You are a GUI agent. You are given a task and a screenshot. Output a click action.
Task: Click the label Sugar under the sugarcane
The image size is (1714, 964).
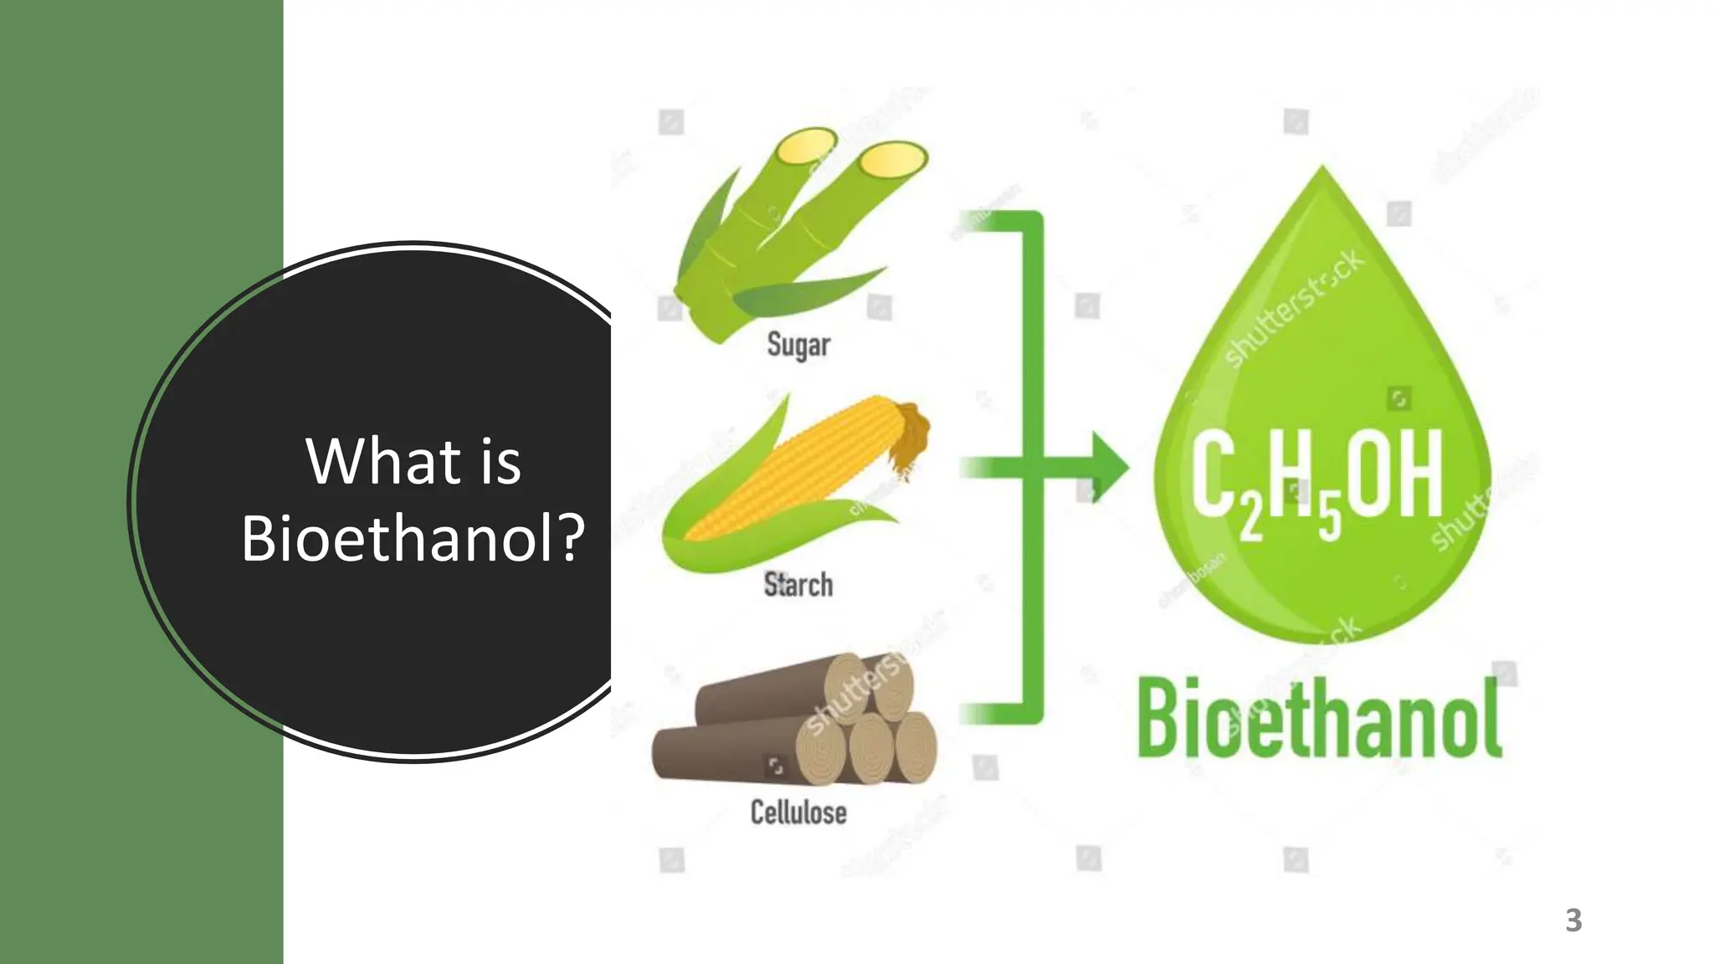(798, 345)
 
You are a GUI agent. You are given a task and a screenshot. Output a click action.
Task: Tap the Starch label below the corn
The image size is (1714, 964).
(798, 584)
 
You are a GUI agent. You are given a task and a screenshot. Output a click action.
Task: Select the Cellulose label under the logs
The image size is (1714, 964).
(798, 812)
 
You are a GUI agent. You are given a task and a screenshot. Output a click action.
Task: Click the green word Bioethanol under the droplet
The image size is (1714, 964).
(1320, 718)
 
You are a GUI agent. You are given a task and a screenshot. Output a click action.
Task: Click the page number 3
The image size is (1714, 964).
(1573, 920)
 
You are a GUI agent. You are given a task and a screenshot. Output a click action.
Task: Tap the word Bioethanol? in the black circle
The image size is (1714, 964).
(413, 537)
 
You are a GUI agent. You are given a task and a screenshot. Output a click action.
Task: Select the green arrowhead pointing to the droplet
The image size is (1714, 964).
(1106, 467)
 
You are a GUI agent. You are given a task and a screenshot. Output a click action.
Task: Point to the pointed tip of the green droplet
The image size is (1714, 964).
(1322, 172)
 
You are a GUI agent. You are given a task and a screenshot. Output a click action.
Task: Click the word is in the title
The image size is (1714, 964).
(500, 462)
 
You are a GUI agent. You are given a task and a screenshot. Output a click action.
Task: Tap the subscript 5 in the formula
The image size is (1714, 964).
(1329, 519)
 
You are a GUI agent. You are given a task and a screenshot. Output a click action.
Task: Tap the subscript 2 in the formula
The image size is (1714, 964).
(1250, 519)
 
